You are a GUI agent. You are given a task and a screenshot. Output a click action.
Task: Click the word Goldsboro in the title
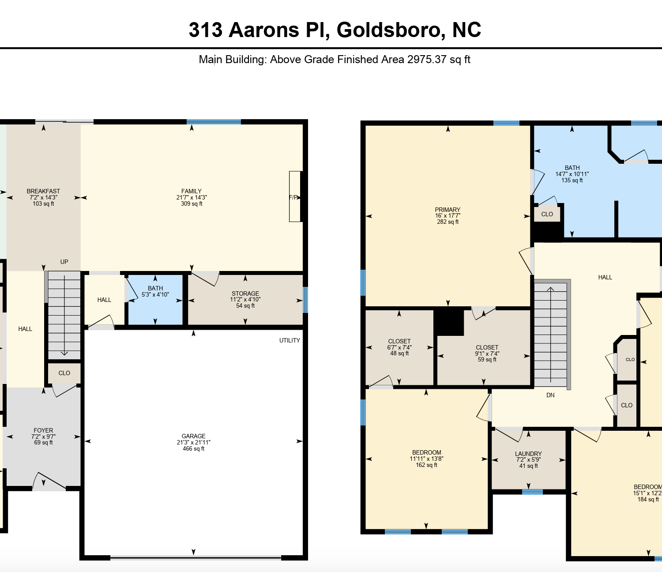[x=388, y=30]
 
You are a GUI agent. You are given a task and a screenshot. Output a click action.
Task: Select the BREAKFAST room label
[x=43, y=191]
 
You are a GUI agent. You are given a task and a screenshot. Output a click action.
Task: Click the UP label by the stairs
[x=64, y=262]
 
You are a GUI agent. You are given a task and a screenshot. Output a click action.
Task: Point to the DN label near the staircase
[x=550, y=395]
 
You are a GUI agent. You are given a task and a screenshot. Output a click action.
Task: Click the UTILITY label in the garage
[x=290, y=340]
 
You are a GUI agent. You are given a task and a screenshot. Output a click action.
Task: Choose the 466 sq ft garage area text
[x=193, y=449]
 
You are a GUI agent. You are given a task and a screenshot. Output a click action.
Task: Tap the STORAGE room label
[x=245, y=294]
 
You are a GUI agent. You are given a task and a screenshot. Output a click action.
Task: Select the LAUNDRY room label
[x=528, y=454]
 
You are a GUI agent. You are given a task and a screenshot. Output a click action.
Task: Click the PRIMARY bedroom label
[x=448, y=210]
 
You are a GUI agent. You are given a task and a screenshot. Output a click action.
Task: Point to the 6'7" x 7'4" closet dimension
[x=399, y=347]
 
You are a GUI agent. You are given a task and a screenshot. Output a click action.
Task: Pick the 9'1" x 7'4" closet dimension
[x=487, y=354]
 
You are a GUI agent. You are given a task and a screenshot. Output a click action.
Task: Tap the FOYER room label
[x=43, y=430]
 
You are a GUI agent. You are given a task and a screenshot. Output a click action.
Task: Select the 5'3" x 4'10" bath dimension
[x=155, y=294]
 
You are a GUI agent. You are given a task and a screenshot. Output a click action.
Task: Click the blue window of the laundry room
[x=532, y=492]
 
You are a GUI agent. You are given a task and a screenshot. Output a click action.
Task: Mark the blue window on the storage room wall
[x=305, y=300]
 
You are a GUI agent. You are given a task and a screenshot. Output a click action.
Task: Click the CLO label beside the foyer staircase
[x=64, y=373]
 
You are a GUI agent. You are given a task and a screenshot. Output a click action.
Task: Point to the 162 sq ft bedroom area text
[x=427, y=465]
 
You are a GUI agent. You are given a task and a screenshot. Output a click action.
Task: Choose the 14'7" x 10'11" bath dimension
[x=572, y=174]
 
